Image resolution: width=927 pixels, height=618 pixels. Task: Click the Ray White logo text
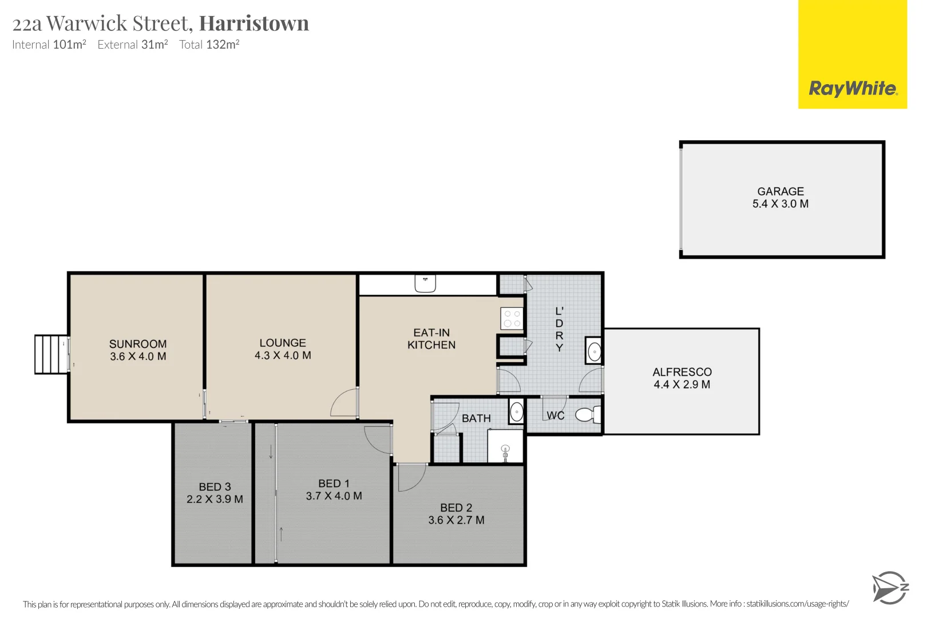pyautogui.click(x=853, y=89)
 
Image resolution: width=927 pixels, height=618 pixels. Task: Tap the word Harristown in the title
pyautogui.click(x=253, y=23)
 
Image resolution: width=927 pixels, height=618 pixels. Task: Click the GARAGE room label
pyautogui.click(x=781, y=192)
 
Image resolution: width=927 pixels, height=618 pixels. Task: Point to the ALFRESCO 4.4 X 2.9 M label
pyautogui.click(x=682, y=378)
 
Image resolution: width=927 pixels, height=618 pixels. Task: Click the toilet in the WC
pyautogui.click(x=588, y=414)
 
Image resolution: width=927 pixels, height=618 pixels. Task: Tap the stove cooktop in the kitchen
pyautogui.click(x=512, y=319)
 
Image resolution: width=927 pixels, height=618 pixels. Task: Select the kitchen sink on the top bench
pyautogui.click(x=425, y=283)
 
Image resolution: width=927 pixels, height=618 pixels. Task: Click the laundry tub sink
pyautogui.click(x=594, y=351)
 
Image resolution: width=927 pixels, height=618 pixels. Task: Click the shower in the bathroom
pyautogui.click(x=505, y=446)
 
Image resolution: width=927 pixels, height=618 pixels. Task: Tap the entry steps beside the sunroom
pyautogui.click(x=51, y=354)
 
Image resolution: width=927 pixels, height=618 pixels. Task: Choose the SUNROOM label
pyautogui.click(x=138, y=344)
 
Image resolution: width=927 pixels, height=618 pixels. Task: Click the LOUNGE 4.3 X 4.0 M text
pyautogui.click(x=283, y=349)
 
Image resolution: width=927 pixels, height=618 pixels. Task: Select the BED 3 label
pyautogui.click(x=215, y=487)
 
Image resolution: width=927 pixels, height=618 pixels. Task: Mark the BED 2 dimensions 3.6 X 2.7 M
pyautogui.click(x=456, y=520)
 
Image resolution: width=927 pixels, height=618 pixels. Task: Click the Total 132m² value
pyautogui.click(x=209, y=45)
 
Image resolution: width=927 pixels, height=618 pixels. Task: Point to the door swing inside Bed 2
pyautogui.click(x=411, y=478)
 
